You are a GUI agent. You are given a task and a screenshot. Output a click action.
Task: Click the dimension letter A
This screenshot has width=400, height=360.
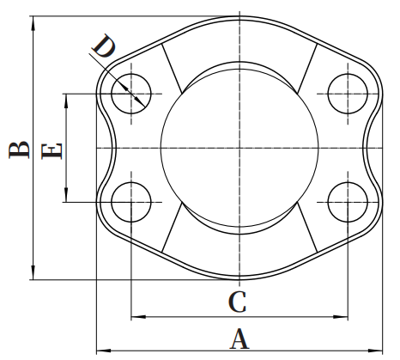click(239, 339)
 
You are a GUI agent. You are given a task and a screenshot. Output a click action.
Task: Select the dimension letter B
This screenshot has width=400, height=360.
click(19, 149)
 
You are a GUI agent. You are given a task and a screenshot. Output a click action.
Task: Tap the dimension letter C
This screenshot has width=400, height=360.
click(237, 302)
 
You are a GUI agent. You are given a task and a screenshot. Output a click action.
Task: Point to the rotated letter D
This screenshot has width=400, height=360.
click(104, 46)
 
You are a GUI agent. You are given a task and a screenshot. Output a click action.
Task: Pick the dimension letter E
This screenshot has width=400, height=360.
click(52, 151)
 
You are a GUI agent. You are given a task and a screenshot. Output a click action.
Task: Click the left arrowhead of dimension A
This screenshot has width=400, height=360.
click(104, 351)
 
